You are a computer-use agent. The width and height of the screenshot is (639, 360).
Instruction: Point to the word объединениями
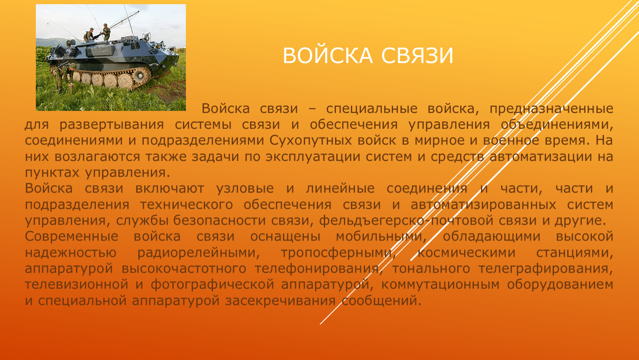[x=557, y=125]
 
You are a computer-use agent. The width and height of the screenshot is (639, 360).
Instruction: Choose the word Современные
[x=72, y=237]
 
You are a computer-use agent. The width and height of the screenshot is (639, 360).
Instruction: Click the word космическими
[x=466, y=253]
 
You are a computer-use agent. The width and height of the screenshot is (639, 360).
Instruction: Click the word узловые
[x=245, y=189]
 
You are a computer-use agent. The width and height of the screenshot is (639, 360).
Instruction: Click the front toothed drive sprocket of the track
[x=140, y=75]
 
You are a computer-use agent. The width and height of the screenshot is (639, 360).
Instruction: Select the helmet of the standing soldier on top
[x=105, y=25]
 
